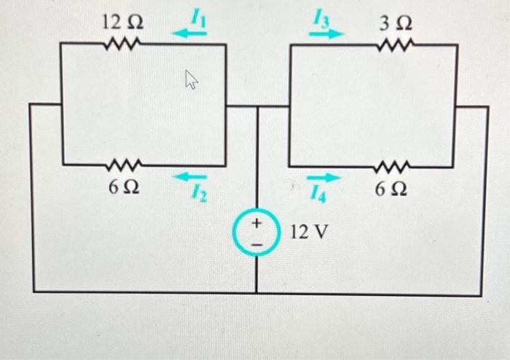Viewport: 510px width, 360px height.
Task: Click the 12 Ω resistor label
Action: tap(122, 22)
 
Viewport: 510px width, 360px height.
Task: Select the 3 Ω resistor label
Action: tap(395, 22)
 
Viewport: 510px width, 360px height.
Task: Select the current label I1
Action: tap(198, 15)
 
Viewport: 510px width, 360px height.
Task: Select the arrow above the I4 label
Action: tap(323, 178)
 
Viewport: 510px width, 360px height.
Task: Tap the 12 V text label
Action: tap(310, 232)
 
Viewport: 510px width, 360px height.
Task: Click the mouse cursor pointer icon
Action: tap(192, 79)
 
